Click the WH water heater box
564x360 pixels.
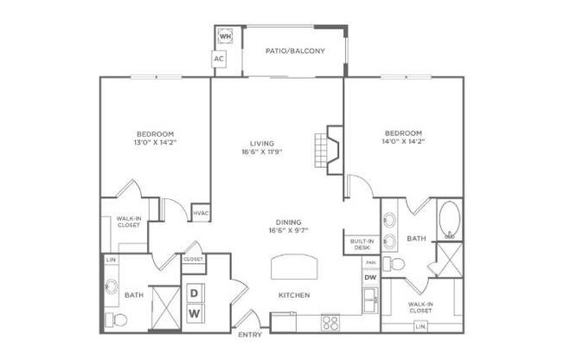tap(225, 36)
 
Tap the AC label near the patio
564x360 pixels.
tap(219, 59)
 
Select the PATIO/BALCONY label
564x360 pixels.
tap(295, 51)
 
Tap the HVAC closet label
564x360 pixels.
tap(201, 213)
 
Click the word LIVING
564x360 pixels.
tap(262, 143)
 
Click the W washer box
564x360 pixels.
tap(195, 312)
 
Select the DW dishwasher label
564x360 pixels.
tap(370, 277)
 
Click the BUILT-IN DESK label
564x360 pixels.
tap(362, 245)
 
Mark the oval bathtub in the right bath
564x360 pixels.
tap(450, 221)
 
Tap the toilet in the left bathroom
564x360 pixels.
tap(115, 321)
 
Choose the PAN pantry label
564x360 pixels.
tap(370, 262)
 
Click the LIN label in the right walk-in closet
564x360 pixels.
tap(420, 326)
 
